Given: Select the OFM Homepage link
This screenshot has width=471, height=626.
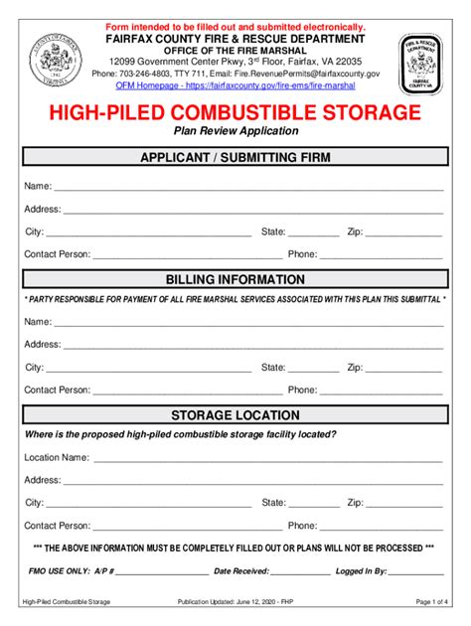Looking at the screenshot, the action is [235, 86].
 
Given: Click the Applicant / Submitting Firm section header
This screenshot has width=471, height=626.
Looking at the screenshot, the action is [235, 158].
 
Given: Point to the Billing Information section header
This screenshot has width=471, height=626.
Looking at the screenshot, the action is [235, 280].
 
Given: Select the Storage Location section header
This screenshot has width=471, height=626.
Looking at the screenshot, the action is [235, 415].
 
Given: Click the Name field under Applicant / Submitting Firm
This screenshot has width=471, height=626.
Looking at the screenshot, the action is [248, 188].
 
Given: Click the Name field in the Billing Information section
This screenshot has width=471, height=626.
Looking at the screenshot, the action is [248, 323].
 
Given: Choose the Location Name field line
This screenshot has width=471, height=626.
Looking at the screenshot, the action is [268, 459].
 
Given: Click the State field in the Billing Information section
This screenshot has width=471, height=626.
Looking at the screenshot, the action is [313, 369].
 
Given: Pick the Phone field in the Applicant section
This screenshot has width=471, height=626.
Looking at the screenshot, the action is [382, 255].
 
